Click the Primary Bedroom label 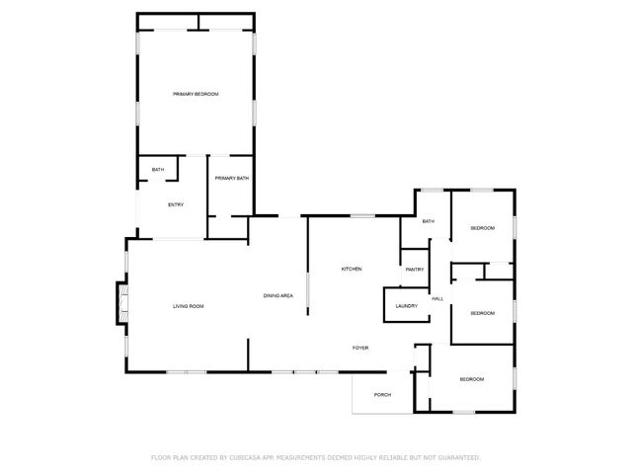click(196, 94)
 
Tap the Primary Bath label click(231, 178)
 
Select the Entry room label click(176, 205)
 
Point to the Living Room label click(189, 306)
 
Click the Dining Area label click(277, 296)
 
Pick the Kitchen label click(353, 269)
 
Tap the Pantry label click(414, 270)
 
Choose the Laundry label click(406, 306)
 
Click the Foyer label click(361, 348)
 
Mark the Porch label click(382, 395)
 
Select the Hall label click(436, 298)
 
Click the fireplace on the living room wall click(121, 303)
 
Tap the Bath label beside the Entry click(157, 171)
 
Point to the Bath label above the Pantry click(428, 221)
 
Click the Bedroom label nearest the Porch click(471, 379)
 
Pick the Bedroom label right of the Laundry click(482, 313)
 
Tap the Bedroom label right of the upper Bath click(482, 228)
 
